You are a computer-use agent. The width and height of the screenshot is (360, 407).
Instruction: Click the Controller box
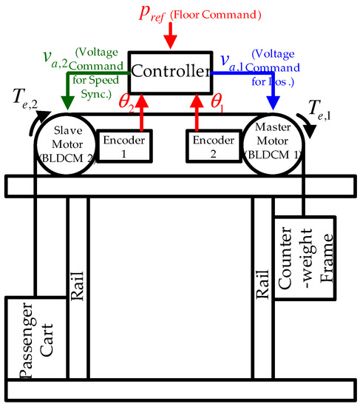coord(169,72)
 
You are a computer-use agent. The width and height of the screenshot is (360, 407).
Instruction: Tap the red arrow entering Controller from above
coord(170,36)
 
